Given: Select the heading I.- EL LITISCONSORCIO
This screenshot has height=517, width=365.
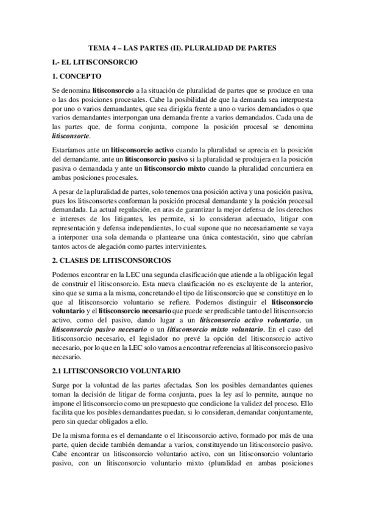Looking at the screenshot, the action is coord(96,62).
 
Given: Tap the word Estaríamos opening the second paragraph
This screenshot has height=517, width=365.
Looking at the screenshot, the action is coord(71,149).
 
